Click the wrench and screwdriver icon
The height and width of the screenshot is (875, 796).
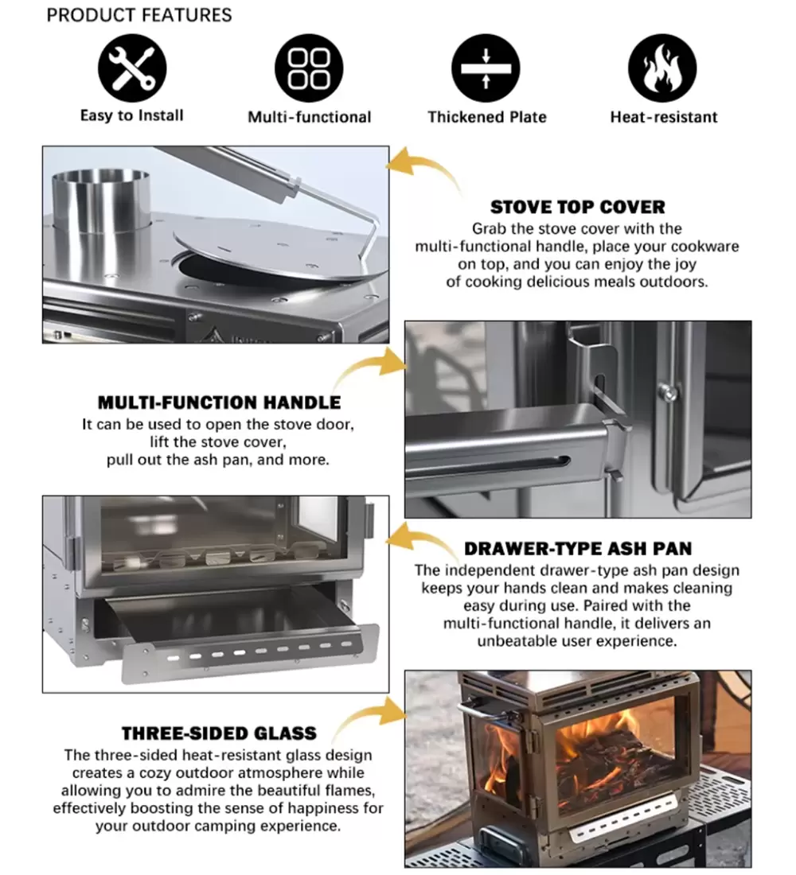(132, 68)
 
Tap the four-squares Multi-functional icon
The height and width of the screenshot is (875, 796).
(309, 68)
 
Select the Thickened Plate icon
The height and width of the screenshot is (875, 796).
(486, 68)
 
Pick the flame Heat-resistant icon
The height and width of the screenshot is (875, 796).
(662, 68)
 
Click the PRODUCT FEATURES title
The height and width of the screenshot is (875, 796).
(139, 15)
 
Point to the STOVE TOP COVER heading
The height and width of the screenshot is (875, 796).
(578, 207)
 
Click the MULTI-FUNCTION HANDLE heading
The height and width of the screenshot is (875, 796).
(219, 402)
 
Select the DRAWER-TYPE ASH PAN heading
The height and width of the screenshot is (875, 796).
(578, 549)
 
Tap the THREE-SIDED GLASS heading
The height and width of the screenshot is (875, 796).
(219, 733)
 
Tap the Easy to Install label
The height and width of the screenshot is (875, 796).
(132, 115)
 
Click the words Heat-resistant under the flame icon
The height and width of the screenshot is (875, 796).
(664, 117)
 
